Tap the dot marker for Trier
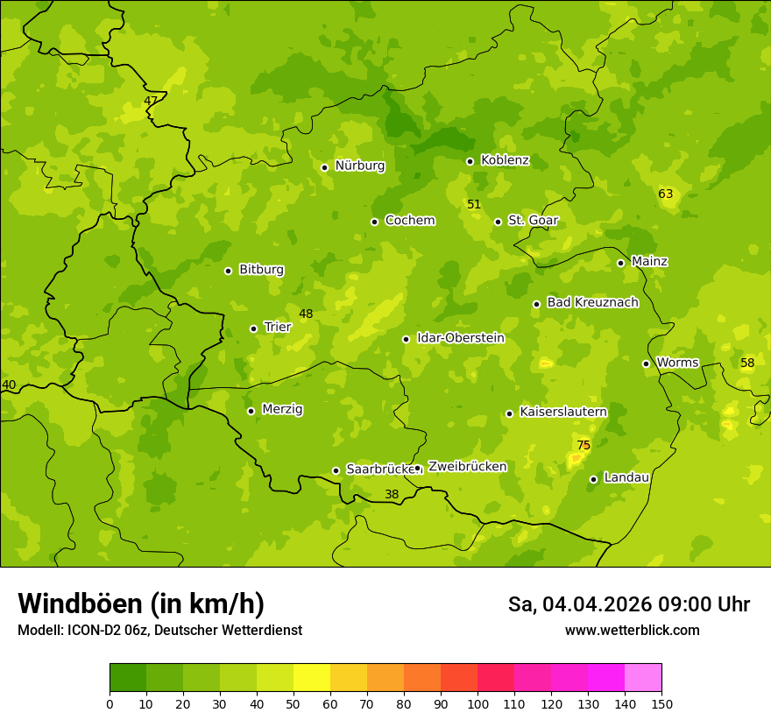(254, 328)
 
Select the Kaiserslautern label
(563, 412)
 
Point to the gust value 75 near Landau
(584, 445)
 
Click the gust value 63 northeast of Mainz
(666, 194)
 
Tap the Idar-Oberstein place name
(461, 338)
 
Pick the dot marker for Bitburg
(228, 271)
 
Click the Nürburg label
(359, 166)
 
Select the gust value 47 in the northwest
(151, 100)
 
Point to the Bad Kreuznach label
(592, 302)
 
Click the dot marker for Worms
(646, 363)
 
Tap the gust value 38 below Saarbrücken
(392, 494)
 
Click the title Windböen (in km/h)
(141, 603)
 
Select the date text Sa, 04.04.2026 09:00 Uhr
(628, 604)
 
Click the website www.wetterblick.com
(632, 630)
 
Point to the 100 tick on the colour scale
(477, 703)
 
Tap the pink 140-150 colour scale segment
(643, 678)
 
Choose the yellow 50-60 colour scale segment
(312, 678)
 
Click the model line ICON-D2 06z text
(159, 630)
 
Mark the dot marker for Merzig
(251, 411)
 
